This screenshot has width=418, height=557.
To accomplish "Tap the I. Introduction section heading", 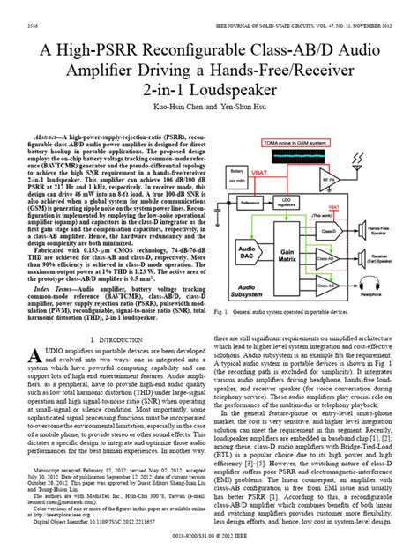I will [x=113, y=339].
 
